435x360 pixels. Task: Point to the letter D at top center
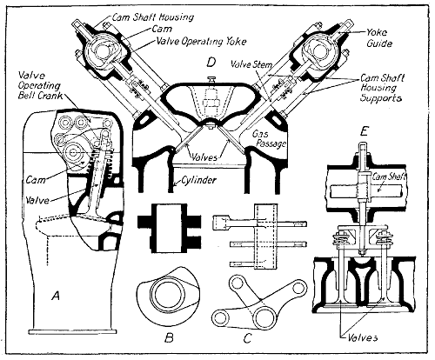pyautogui.click(x=210, y=62)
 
